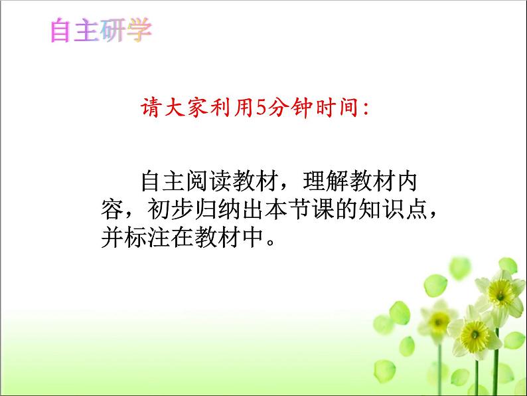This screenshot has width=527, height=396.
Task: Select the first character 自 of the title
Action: pos(62,31)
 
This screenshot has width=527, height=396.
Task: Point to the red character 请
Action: pos(154,108)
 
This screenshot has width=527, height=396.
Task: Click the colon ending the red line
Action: pos(364,109)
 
